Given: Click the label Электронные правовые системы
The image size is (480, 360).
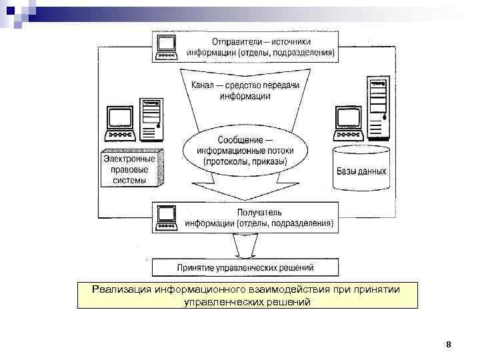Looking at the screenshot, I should (128, 169).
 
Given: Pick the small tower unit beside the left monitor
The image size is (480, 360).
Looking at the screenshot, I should (152, 119).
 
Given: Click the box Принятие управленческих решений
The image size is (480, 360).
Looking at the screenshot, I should (245, 268).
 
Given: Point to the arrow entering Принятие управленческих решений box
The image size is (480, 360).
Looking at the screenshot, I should (244, 248).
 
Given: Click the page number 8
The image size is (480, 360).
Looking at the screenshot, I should (449, 345).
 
